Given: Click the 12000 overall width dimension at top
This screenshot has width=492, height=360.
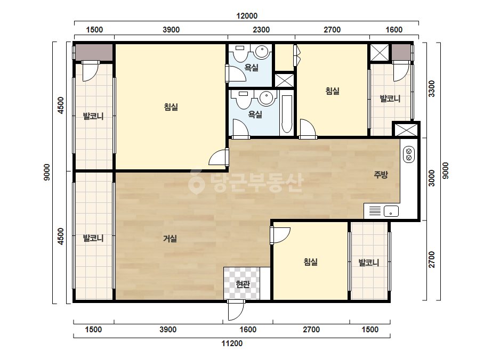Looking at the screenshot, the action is click(247, 16).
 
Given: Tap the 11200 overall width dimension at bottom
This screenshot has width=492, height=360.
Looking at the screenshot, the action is click(232, 343).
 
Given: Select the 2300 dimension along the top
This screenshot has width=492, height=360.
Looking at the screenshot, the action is click(261, 30).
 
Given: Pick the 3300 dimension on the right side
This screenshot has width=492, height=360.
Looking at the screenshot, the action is click(432, 89).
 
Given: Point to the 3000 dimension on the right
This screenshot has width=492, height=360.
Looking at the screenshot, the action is click(432, 178).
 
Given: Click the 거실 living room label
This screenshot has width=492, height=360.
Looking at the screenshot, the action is click(170, 239).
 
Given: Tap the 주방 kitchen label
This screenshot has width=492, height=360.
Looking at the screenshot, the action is click(381, 175).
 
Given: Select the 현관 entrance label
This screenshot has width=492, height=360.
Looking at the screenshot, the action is click(243, 284).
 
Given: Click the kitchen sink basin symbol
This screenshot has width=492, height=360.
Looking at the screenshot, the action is click(391, 211).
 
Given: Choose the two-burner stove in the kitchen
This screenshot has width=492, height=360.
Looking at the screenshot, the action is click(408, 154).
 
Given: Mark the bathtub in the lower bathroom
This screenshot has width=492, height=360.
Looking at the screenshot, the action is click(287, 114).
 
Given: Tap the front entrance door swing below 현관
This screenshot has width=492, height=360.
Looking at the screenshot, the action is click(236, 310).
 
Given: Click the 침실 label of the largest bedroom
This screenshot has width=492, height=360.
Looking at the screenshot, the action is click(171, 107).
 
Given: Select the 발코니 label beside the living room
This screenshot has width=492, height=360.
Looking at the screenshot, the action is click(93, 239).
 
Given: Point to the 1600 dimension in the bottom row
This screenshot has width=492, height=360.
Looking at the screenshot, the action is click(248, 330).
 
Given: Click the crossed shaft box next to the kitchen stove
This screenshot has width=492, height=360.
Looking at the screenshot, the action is click(406, 130).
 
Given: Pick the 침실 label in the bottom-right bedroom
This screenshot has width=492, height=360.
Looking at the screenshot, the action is click(311, 262).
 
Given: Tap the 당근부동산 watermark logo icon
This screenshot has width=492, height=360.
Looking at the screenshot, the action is click(196, 182).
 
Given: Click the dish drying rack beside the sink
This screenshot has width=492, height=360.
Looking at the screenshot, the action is click(375, 211).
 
